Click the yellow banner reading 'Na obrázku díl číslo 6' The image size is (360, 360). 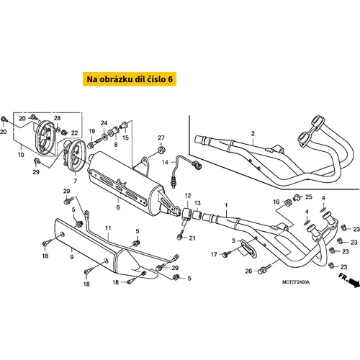click(x=130, y=79)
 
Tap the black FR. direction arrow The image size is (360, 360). click(x=354, y=282)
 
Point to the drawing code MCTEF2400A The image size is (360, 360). click(x=296, y=282)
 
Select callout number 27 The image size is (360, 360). click(x=161, y=138)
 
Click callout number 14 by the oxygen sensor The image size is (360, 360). click(x=165, y=163)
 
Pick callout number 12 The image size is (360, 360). click(x=188, y=196)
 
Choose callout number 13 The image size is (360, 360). click(x=197, y=203)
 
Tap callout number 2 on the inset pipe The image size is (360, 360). click(x=253, y=133)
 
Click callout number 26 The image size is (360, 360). click(x=248, y=271)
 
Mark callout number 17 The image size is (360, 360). click(x=214, y=254)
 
